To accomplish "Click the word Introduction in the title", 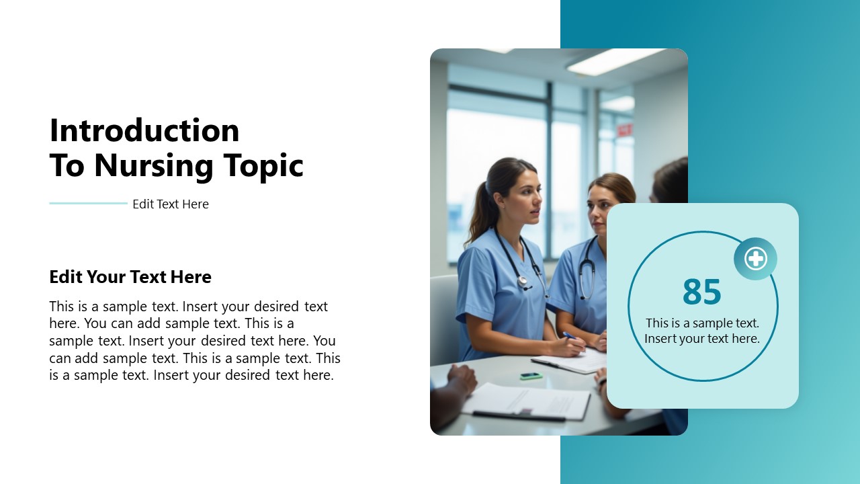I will pyautogui.click(x=144, y=130).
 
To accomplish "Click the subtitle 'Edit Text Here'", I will pyautogui.click(x=171, y=204).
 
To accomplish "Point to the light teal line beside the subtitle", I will pyautogui.click(x=88, y=203).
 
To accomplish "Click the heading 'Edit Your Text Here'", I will pyautogui.click(x=130, y=277).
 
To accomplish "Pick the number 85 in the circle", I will pyautogui.click(x=701, y=292).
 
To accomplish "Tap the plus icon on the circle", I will pyautogui.click(x=755, y=259).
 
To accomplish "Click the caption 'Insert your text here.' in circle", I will pyautogui.click(x=701, y=339).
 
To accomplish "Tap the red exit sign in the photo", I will pyautogui.click(x=624, y=130).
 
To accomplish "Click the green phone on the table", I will pyautogui.click(x=531, y=376).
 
